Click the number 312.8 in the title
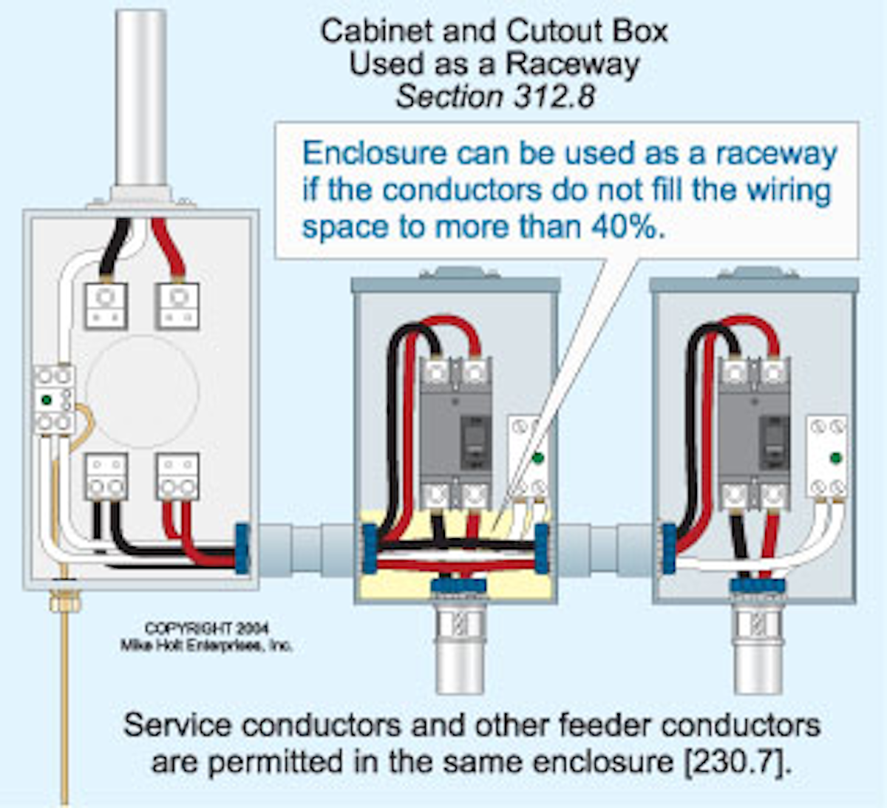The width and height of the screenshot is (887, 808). pos(550,98)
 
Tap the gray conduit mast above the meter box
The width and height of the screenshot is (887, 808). pos(141,96)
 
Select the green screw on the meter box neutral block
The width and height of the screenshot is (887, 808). pos(47,400)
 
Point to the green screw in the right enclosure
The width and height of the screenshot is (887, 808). pos(836,458)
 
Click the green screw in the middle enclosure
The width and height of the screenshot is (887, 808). pos(538,458)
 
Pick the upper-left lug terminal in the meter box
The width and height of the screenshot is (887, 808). pos(106,305)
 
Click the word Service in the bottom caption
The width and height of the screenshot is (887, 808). pos(177,725)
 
